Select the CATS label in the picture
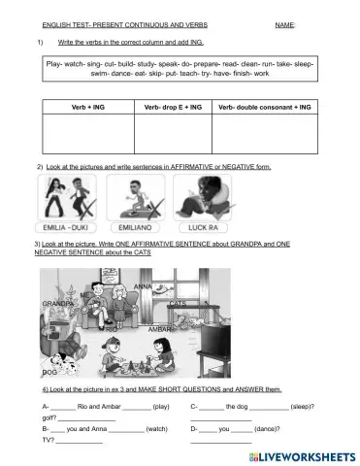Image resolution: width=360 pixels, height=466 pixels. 178,303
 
